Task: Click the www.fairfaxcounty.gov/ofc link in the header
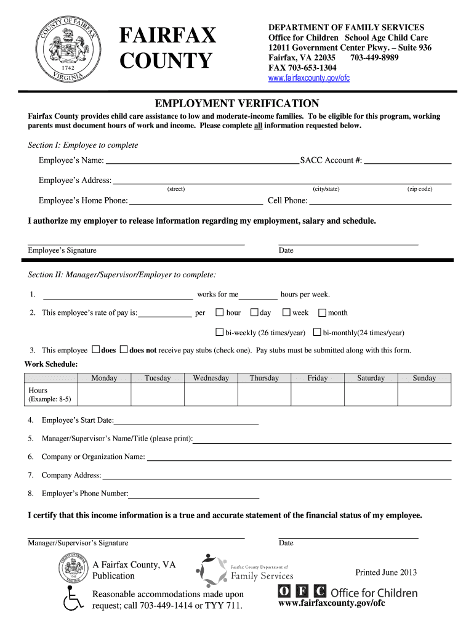point(309,78)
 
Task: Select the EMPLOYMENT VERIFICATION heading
point(237,103)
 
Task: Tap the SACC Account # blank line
point(408,161)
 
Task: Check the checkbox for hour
point(219,312)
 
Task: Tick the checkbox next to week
point(286,312)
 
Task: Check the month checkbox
point(322,312)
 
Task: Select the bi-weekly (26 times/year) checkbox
point(219,333)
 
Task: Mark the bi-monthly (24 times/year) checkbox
point(317,333)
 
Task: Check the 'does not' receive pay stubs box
point(123,350)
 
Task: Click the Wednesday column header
point(211,378)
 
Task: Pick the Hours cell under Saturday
point(371,394)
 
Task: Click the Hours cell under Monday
point(104,394)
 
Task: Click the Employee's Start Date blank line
point(186,421)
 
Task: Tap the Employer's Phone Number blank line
point(194,494)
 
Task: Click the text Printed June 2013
point(386,572)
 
